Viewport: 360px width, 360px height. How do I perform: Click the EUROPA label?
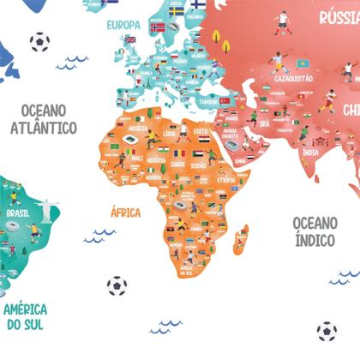123,26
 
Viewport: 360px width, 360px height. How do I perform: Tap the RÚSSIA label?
339,17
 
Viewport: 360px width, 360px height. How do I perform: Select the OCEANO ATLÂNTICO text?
45,119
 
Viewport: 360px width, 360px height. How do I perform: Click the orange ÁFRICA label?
125,212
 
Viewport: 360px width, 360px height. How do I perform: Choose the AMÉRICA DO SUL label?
24,316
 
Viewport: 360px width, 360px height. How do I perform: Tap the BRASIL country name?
17,213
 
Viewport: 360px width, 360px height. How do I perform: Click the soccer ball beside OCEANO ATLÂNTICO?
39,41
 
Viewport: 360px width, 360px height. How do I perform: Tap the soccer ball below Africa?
117,285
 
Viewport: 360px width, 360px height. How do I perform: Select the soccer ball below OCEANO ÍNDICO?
326,331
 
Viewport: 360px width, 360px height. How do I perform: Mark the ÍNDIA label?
310,152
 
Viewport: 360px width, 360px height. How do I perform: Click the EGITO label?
201,130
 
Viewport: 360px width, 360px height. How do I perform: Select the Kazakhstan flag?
302,64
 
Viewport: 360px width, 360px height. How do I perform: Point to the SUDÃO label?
198,163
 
